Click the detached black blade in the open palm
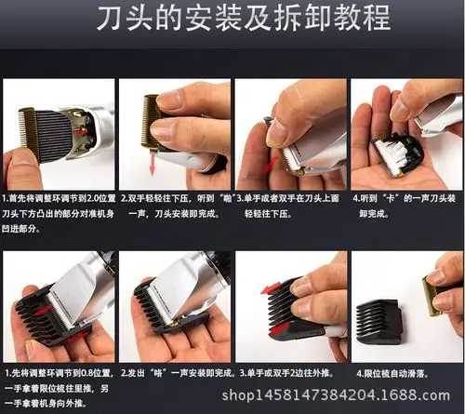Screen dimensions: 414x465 398,153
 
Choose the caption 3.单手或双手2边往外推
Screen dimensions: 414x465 289,372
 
